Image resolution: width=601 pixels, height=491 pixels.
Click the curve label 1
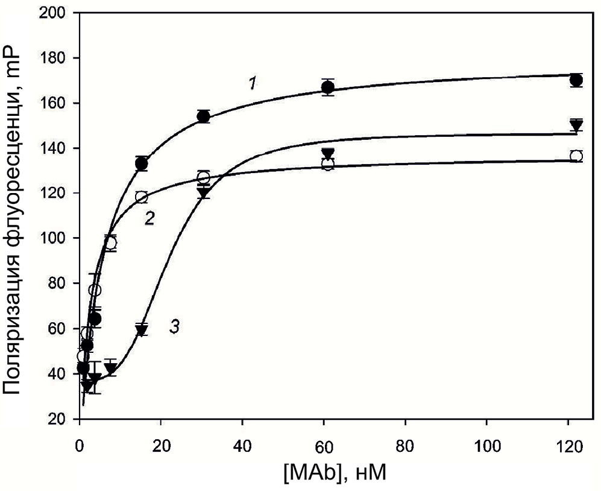coord(254,83)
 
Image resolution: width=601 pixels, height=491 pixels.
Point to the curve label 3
coord(174,328)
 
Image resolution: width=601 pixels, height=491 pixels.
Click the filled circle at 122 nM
coord(576,80)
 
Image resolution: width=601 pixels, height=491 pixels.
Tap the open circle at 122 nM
coord(576,156)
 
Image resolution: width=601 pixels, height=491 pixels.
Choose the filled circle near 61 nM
coord(327,88)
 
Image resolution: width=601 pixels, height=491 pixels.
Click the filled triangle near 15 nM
coord(142,329)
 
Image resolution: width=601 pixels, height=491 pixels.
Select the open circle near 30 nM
coord(203,177)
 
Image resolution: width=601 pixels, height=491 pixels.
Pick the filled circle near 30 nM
coord(203,116)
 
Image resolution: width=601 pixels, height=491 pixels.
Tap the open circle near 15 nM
coord(142,197)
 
